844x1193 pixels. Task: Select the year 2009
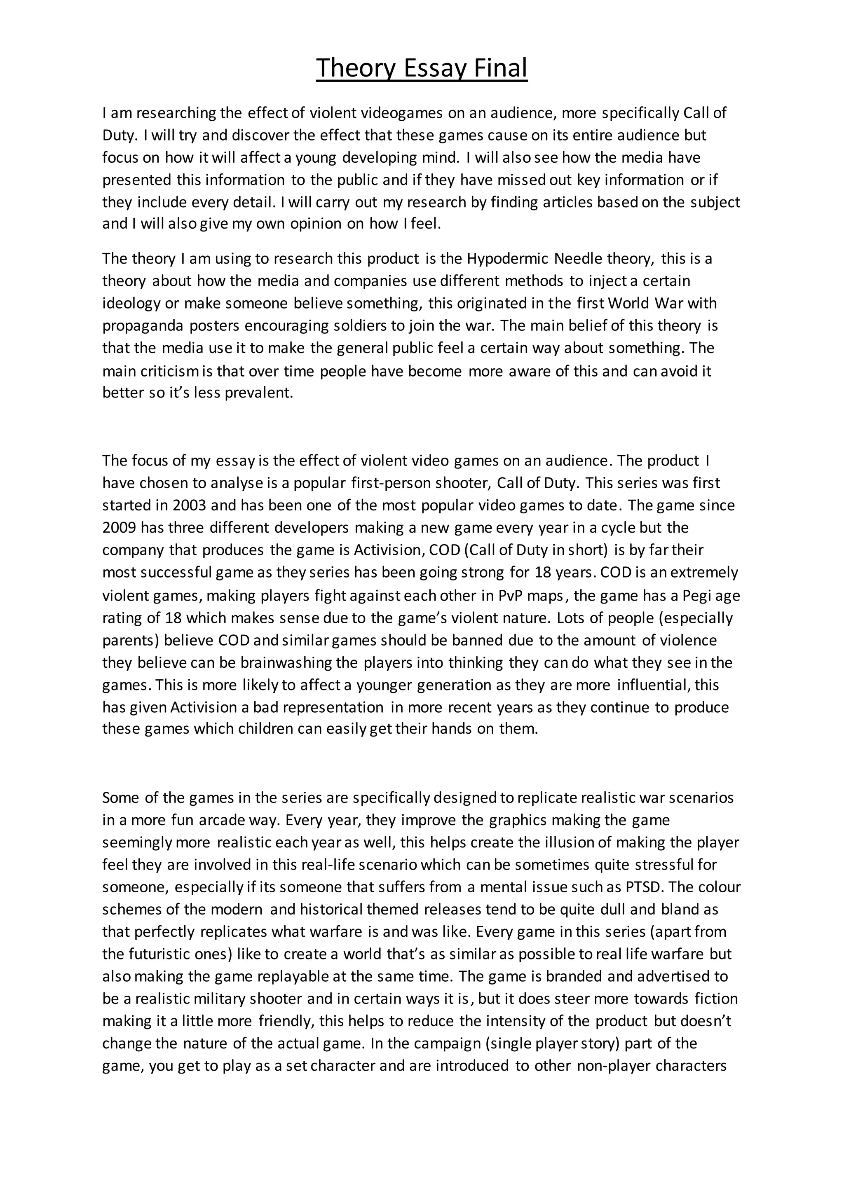(119, 528)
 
